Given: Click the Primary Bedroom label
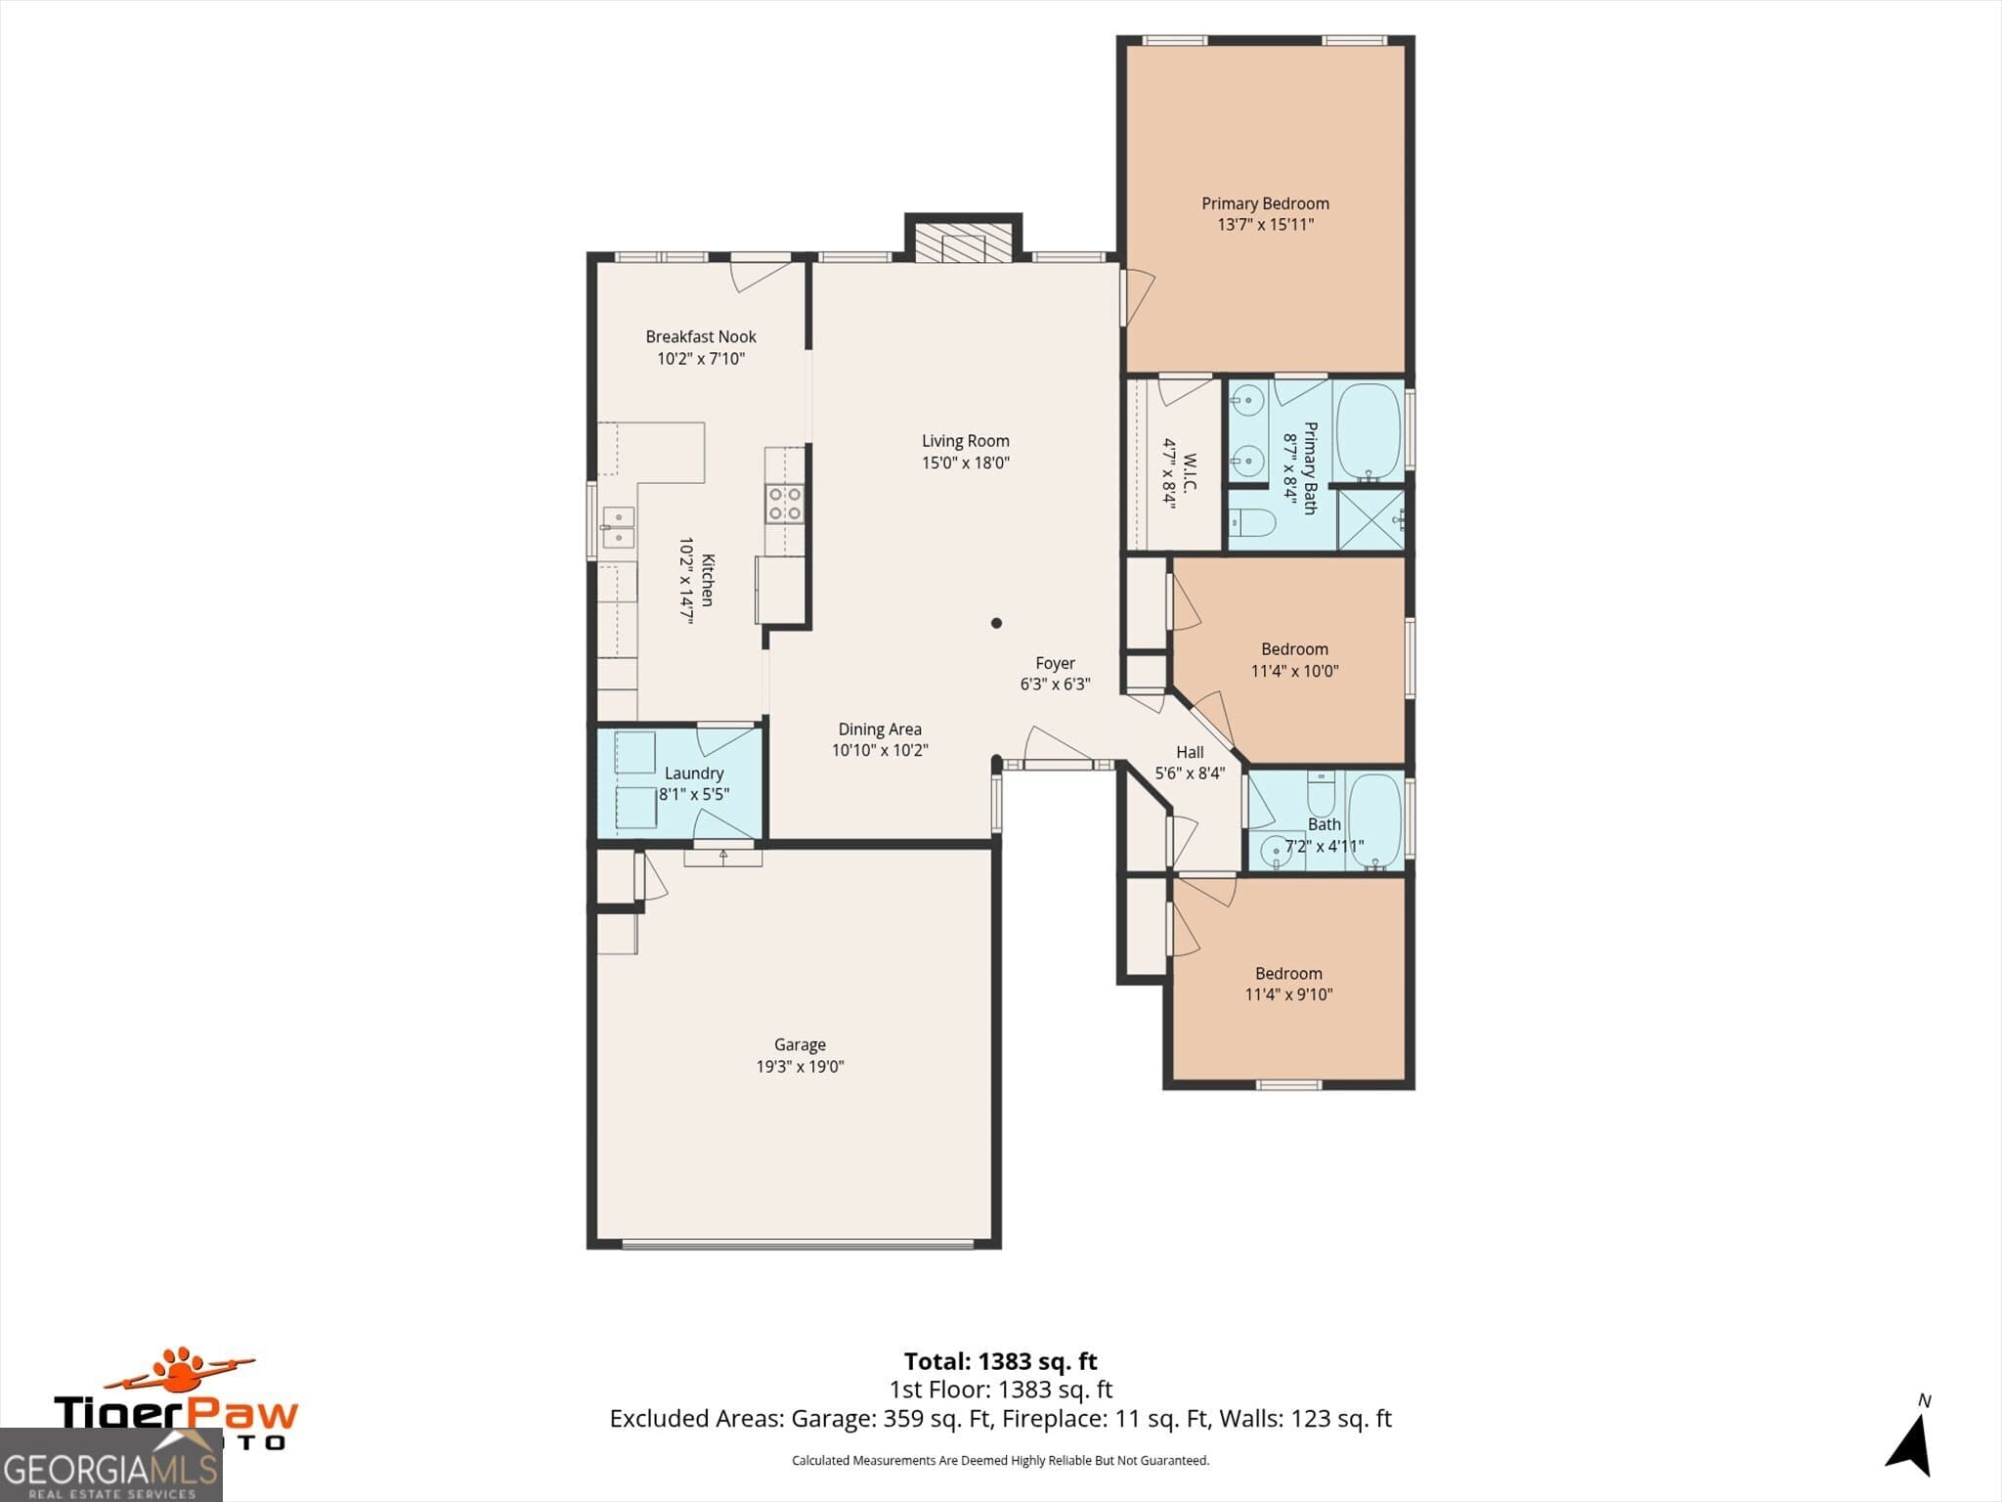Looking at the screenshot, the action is (x=1265, y=203).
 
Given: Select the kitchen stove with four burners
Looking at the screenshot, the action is (x=784, y=504).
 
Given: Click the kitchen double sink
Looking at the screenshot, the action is (x=617, y=527).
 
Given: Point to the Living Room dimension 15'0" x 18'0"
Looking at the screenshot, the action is (x=965, y=463).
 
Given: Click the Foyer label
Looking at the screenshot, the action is (x=1055, y=663).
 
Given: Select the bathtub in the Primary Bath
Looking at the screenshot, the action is (x=1369, y=431).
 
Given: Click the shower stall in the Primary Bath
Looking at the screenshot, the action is (x=1371, y=519).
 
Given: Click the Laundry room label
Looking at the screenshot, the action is (x=694, y=773).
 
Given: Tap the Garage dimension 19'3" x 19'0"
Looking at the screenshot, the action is (x=800, y=1067).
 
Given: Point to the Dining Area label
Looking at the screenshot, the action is (x=880, y=729).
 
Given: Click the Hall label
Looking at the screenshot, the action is (x=1190, y=752).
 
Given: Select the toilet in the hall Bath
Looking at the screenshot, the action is (x=1321, y=793).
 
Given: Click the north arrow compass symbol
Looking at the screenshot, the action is (x=1911, y=1443).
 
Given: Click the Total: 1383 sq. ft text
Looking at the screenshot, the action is (x=1000, y=1361).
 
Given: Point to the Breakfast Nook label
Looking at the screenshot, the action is (x=701, y=336).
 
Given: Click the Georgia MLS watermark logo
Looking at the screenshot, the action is (x=110, y=1465).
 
